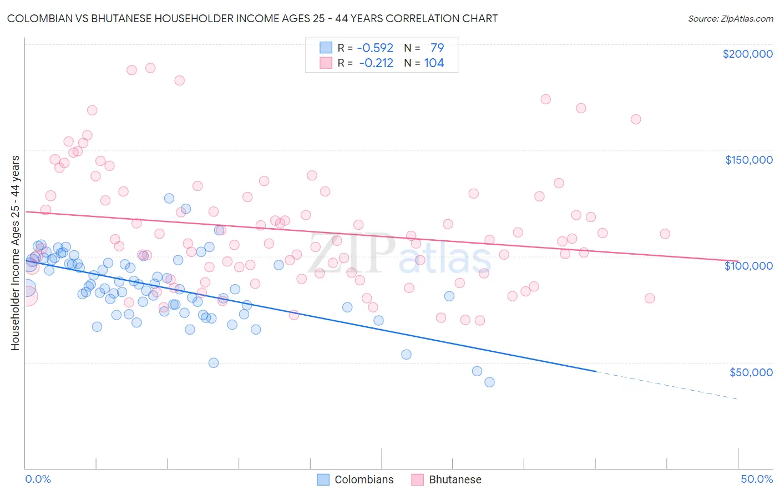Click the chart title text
[252, 18]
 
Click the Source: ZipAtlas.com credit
[730, 18]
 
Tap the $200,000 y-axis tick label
[747, 54]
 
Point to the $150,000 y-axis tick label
[748, 160]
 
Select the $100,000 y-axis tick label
[748, 266]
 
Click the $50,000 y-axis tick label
[751, 372]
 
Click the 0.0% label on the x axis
[38, 479]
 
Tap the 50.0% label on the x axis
[757, 479]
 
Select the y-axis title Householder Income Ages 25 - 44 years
[16, 253]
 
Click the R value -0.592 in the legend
[375, 48]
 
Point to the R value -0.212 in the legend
[376, 63]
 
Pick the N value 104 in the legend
[434, 63]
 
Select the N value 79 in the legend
[437, 48]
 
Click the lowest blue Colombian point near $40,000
[489, 382]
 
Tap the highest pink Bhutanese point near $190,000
[150, 68]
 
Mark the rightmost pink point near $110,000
[665, 234]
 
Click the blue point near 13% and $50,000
[214, 363]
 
